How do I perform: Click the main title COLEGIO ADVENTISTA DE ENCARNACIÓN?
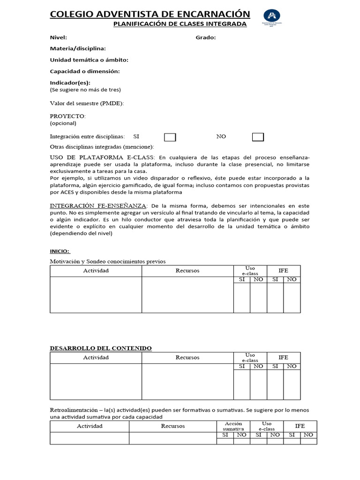coord(150,14)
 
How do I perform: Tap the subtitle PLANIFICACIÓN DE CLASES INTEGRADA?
coord(180,24)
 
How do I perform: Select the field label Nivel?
coord(59,37)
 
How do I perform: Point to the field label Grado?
coord(206,37)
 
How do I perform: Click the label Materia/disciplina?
coord(78,48)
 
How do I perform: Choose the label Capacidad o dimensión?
coord(85,71)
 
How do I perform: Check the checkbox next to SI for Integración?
coord(170,137)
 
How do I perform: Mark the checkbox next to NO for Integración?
coord(258,137)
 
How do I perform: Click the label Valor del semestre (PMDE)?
coord(87,104)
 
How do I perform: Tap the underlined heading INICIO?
coord(60,251)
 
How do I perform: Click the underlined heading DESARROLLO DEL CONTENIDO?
coord(101,348)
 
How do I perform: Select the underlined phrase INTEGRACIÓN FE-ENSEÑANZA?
coord(98,206)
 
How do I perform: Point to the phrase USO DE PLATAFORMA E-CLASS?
coord(103,157)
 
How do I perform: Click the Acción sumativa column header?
coord(233,426)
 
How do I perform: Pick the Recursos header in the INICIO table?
coord(187,271)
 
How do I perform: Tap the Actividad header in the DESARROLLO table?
coord(96,358)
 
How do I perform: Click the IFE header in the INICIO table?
coord(283,271)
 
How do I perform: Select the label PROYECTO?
coord(68,116)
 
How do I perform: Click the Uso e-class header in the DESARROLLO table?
coord(250,358)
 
